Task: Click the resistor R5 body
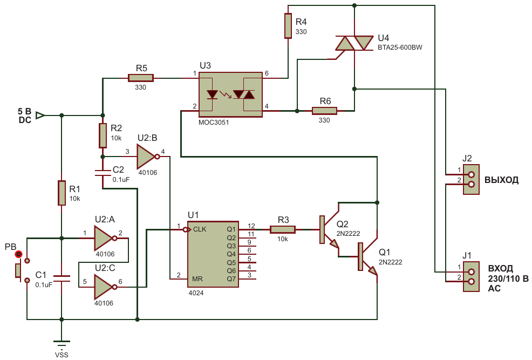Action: [x=141, y=78]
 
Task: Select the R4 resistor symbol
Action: [x=288, y=26]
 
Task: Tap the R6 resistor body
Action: [x=324, y=111]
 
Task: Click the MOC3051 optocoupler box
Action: [x=230, y=94]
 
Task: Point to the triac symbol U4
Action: [x=354, y=43]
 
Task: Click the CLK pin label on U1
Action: [x=200, y=229]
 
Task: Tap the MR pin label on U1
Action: [x=197, y=279]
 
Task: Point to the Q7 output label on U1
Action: [x=231, y=279]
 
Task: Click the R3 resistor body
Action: [x=283, y=230]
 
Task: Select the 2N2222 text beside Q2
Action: [x=348, y=234]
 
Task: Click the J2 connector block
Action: [x=471, y=180]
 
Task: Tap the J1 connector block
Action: [x=471, y=276]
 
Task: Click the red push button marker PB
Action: [x=19, y=254]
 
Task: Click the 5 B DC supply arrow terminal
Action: [x=40, y=116]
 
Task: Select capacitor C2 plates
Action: [x=103, y=172]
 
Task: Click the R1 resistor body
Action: [x=62, y=193]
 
